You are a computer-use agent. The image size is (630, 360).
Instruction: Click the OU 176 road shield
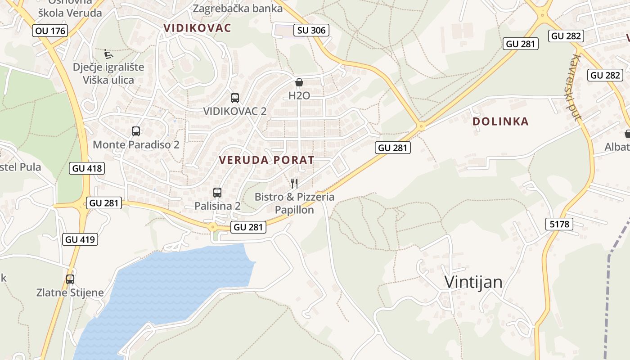pyautogui.click(x=50, y=31)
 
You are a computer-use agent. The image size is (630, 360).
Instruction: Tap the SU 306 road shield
pyautogui.click(x=311, y=30)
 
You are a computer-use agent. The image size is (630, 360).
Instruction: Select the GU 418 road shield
pyautogui.click(x=87, y=168)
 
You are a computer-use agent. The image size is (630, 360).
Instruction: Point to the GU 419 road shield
pyautogui.click(x=80, y=239)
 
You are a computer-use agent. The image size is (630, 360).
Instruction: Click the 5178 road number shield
pyautogui.click(x=559, y=224)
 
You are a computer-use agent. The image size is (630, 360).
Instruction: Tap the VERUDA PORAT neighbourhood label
pyautogui.click(x=266, y=160)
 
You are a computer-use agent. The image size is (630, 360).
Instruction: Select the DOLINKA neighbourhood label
pyautogui.click(x=500, y=121)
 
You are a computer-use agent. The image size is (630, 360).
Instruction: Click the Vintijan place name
pyautogui.click(x=473, y=282)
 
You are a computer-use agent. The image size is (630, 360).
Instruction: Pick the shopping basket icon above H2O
pyautogui.click(x=299, y=82)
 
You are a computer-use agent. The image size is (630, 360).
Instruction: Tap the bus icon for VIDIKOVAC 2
pyautogui.click(x=234, y=98)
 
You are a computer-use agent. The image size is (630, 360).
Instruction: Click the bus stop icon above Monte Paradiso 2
pyautogui.click(x=136, y=131)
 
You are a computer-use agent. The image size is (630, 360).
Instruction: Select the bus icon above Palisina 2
pyautogui.click(x=217, y=193)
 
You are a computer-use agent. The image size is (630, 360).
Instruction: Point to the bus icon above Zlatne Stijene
pyautogui.click(x=70, y=279)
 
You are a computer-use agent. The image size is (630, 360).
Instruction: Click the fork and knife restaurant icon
pyautogui.click(x=294, y=183)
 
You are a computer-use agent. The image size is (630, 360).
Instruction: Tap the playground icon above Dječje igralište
pyautogui.click(x=108, y=54)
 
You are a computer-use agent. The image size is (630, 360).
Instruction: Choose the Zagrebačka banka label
pyautogui.click(x=231, y=8)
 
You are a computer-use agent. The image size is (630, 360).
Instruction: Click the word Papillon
pyautogui.click(x=294, y=210)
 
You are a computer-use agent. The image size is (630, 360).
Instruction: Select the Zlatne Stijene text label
pyautogui.click(x=70, y=292)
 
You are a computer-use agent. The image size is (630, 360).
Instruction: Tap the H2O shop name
pyautogui.click(x=299, y=95)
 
